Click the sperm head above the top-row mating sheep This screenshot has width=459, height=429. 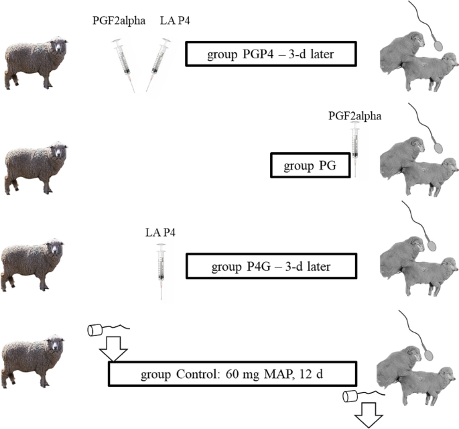click(x=441, y=42)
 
